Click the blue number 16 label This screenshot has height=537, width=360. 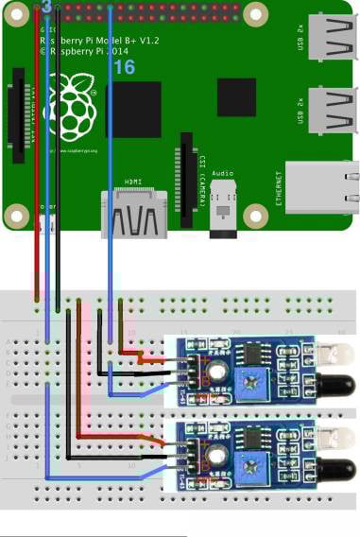[124, 67]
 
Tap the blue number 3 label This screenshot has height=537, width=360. [46, 7]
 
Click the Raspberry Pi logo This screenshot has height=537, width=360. [77, 103]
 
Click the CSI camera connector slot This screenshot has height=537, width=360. [187, 175]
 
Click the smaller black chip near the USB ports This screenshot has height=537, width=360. [235, 96]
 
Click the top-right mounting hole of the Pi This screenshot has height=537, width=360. [254, 11]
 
